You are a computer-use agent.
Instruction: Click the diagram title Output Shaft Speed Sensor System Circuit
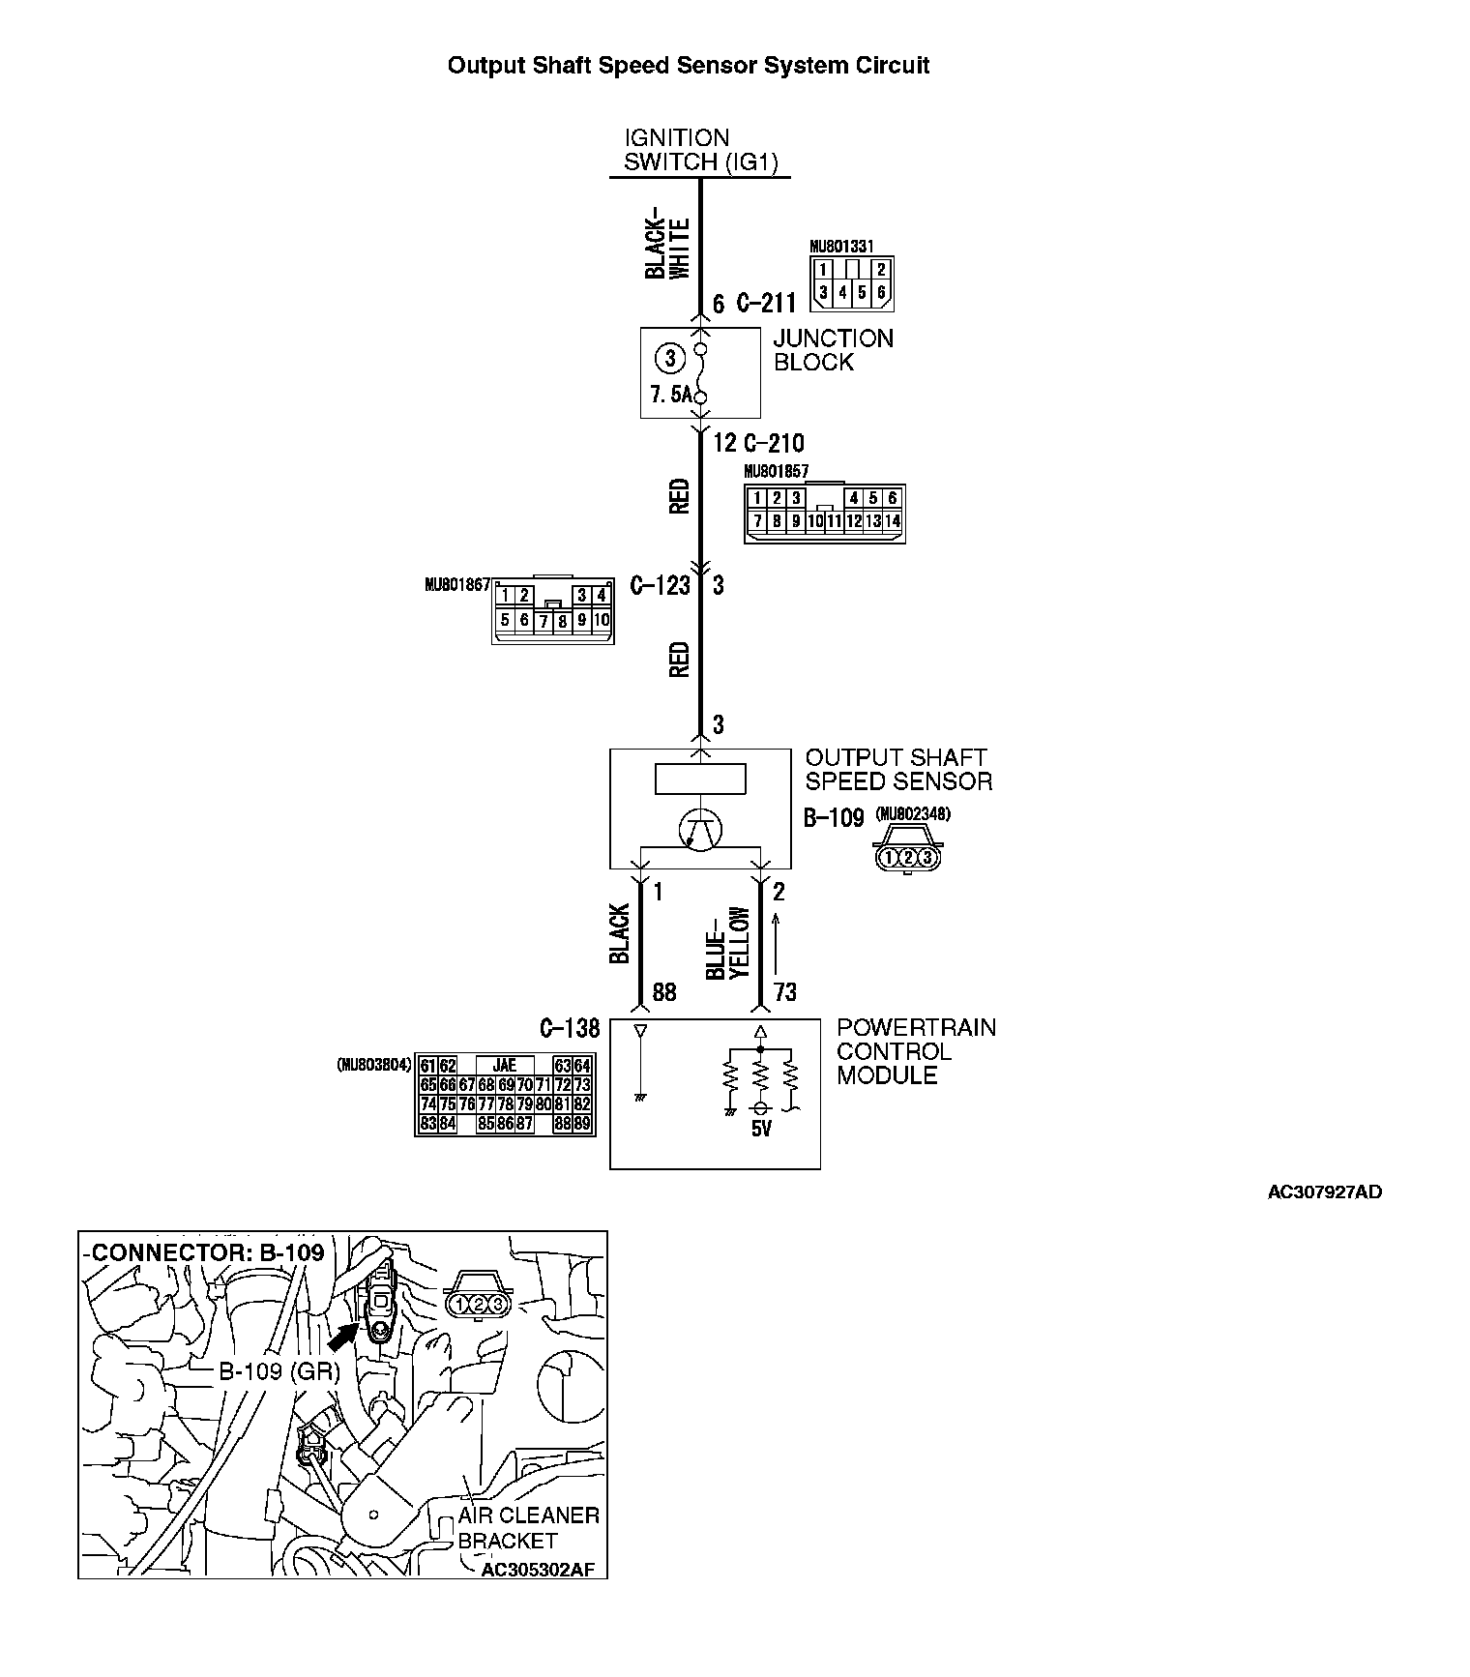pyautogui.click(x=688, y=66)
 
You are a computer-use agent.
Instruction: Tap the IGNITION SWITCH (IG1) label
pyautogui.click(x=700, y=150)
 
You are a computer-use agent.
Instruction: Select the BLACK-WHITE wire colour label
pyautogui.click(x=667, y=248)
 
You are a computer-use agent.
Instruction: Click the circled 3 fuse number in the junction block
pyautogui.click(x=668, y=358)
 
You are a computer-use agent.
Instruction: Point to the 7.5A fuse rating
pyautogui.click(x=671, y=396)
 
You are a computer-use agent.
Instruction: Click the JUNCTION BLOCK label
pyautogui.click(x=833, y=350)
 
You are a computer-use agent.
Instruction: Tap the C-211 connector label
pyautogui.click(x=766, y=304)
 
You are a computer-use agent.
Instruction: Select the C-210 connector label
pyautogui.click(x=774, y=444)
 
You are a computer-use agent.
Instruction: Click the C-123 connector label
pyautogui.click(x=661, y=585)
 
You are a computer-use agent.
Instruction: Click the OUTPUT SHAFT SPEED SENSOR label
pyautogui.click(x=897, y=770)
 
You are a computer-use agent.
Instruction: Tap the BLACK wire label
pyautogui.click(x=620, y=933)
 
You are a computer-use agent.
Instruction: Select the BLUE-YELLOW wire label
pyautogui.click(x=727, y=943)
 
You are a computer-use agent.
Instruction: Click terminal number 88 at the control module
pyautogui.click(x=664, y=992)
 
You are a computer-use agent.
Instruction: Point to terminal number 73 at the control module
pyautogui.click(x=785, y=992)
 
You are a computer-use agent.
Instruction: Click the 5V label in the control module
pyautogui.click(x=761, y=1129)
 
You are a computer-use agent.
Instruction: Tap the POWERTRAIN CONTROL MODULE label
pyautogui.click(x=915, y=1051)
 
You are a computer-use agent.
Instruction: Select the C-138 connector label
pyautogui.click(x=570, y=1028)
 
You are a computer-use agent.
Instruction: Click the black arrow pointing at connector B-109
pyautogui.click(x=341, y=1339)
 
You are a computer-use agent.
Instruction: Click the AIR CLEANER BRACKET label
pyautogui.click(x=528, y=1528)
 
